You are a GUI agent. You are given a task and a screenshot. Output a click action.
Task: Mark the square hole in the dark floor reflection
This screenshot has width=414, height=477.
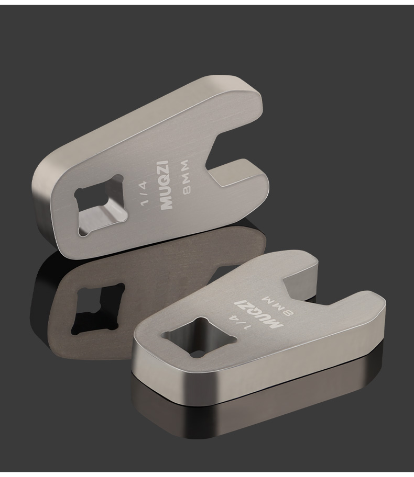click(x=97, y=310)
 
